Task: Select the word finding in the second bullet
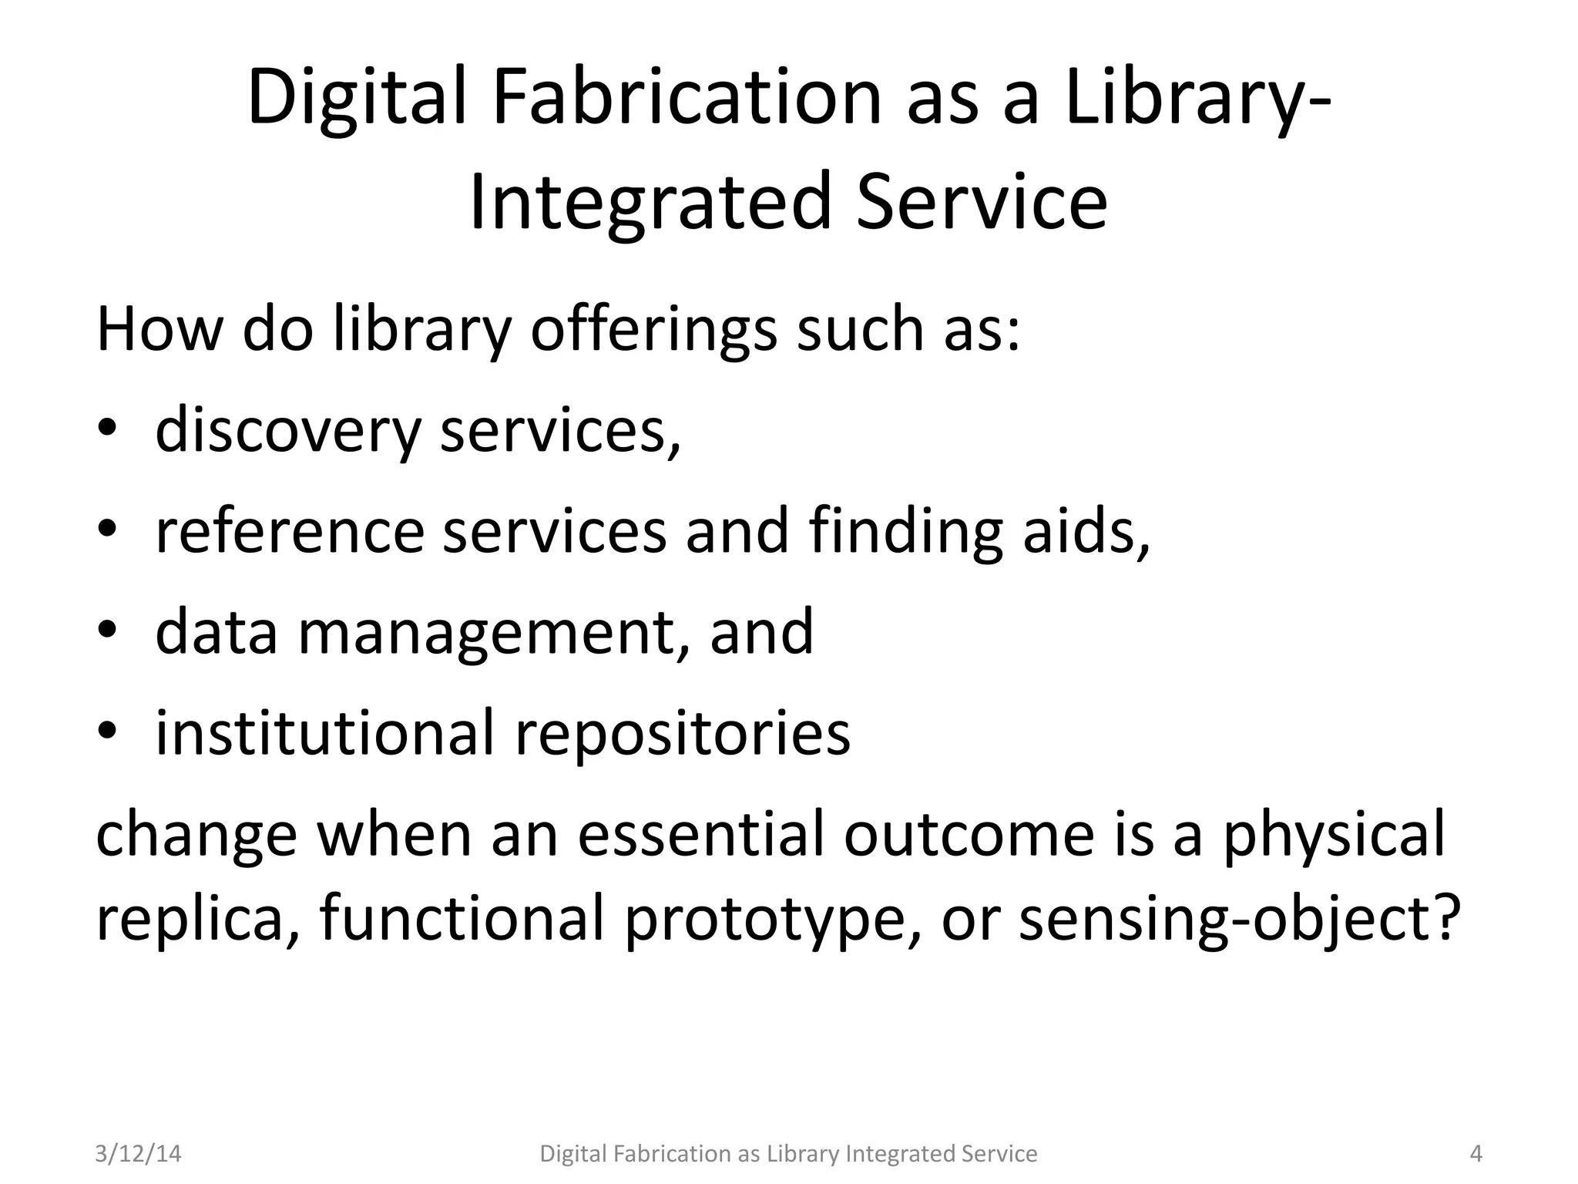pyautogui.click(x=906, y=532)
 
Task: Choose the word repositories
pyautogui.click(x=683, y=734)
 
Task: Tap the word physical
pyautogui.click(x=1334, y=837)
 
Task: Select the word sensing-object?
pyautogui.click(x=1240, y=920)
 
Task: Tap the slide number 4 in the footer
pyautogui.click(x=1476, y=1153)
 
